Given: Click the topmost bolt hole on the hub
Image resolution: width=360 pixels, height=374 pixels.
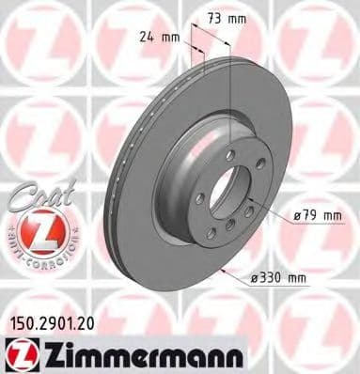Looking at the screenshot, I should (x=229, y=155).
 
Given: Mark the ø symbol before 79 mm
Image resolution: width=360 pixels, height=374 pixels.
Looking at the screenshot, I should (x=296, y=216).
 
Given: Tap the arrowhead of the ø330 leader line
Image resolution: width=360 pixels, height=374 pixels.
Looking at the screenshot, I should (x=224, y=271).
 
